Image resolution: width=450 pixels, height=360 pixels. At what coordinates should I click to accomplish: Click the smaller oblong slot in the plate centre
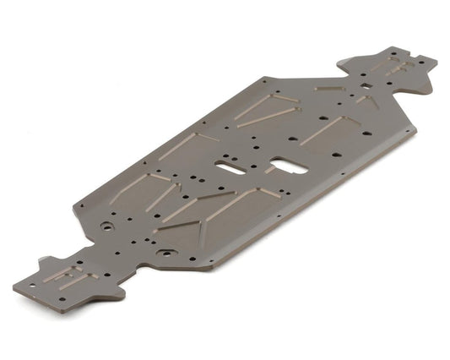tap(227, 166)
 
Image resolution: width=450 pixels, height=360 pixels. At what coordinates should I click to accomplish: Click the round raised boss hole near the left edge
tap(106, 227)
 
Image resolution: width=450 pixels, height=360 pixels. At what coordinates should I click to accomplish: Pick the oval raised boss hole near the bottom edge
tap(166, 252)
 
